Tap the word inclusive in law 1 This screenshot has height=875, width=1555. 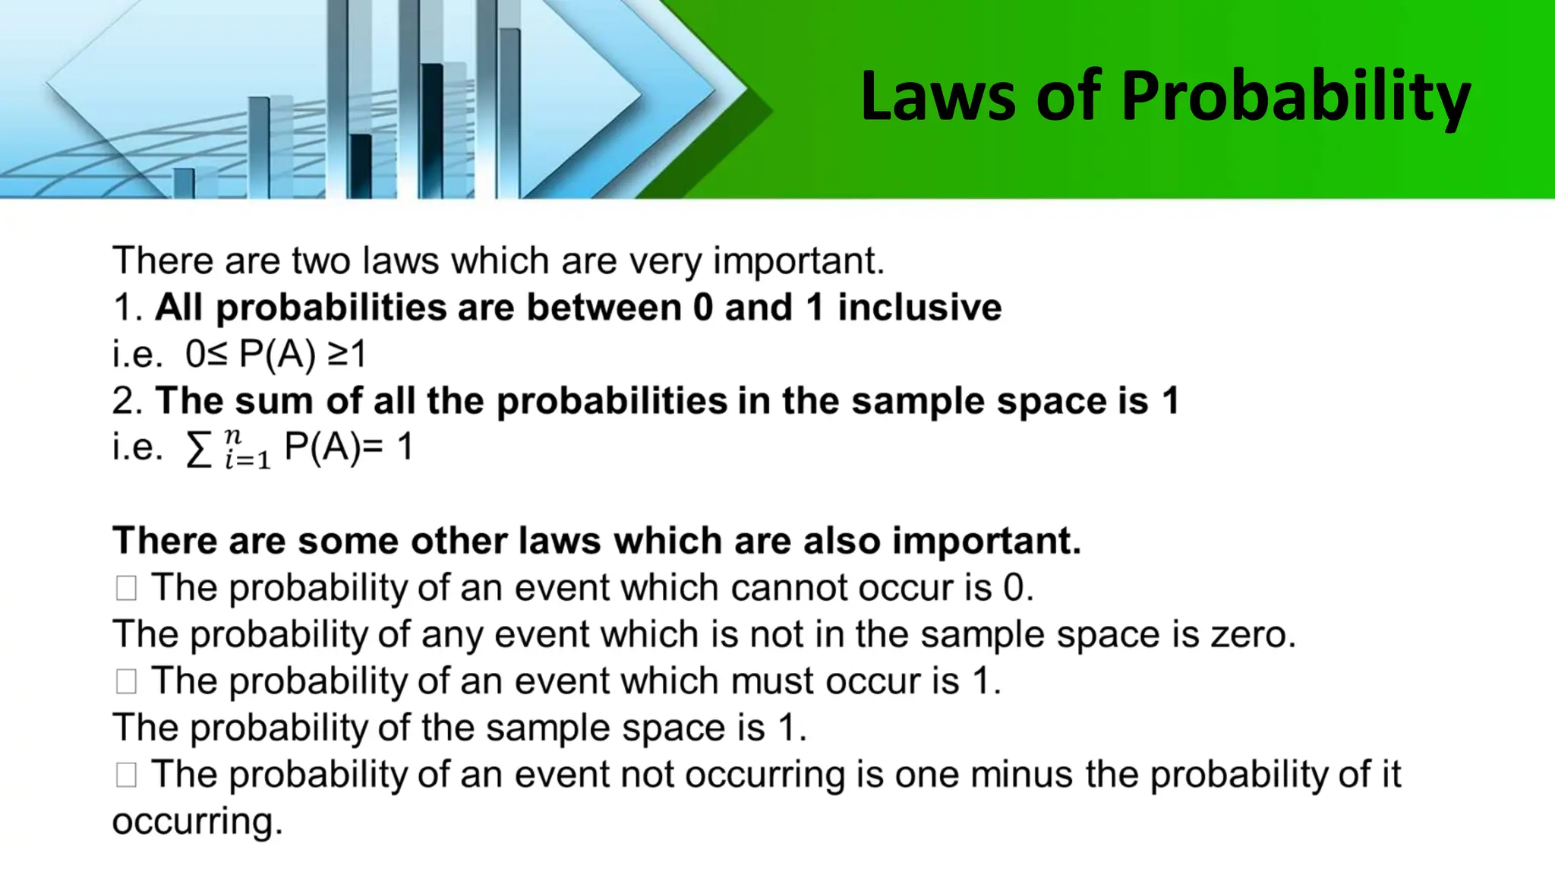tap(919, 308)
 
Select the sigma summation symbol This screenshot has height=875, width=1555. tap(199, 450)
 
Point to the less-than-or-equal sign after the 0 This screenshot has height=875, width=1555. tap(216, 354)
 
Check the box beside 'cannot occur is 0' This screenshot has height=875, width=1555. tap(126, 588)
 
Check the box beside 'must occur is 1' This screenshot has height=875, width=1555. tap(126, 681)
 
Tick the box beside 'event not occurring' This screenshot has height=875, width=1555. tap(126, 775)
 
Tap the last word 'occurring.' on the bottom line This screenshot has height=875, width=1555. tap(197, 822)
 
